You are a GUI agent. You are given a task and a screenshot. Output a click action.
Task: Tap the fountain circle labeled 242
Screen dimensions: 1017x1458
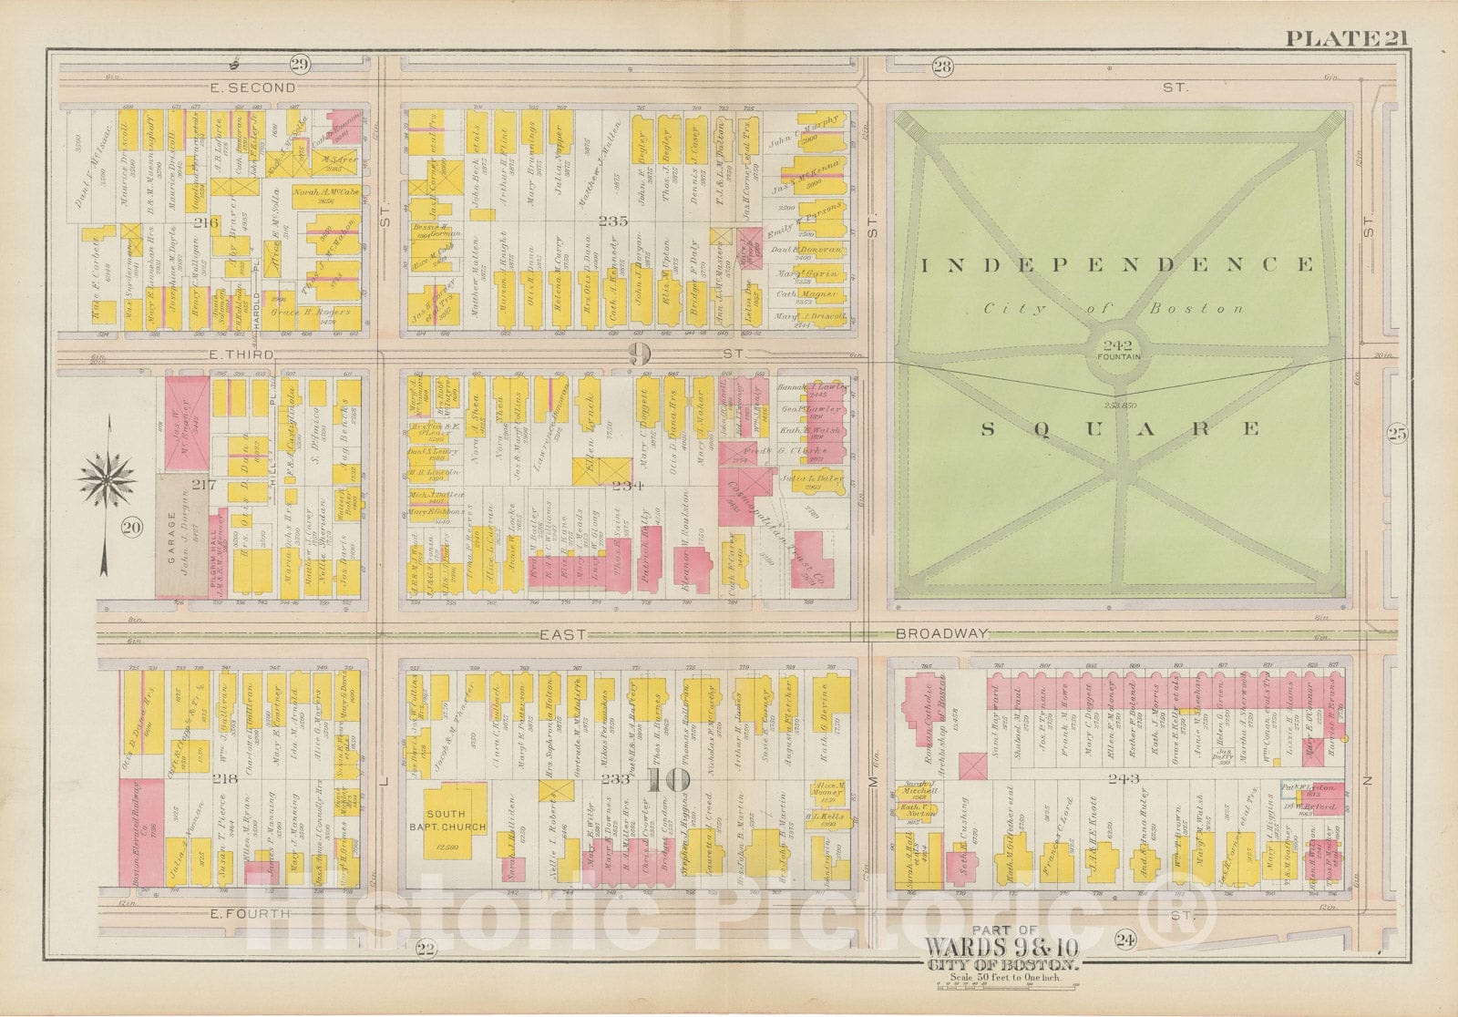[x=1120, y=350]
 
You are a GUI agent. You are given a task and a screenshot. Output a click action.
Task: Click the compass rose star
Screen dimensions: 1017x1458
[x=108, y=475]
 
